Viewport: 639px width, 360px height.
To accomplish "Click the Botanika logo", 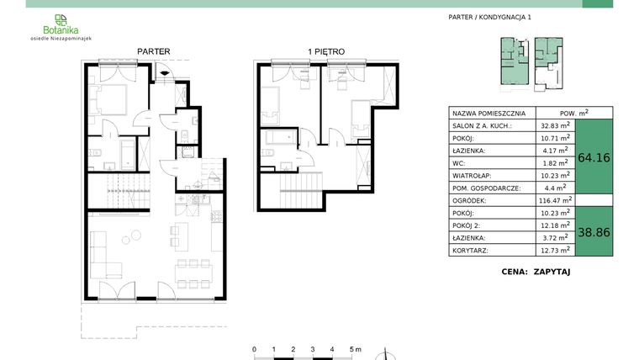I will pyautogui.click(x=60, y=25).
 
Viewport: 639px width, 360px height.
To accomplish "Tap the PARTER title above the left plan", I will pyautogui.click(x=153, y=51).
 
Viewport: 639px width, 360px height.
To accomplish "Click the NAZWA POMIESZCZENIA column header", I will pyautogui.click(x=488, y=112).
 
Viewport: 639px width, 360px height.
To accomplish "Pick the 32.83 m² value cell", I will pyautogui.click(x=555, y=124).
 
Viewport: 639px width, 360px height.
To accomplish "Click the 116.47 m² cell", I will pyautogui.click(x=555, y=200).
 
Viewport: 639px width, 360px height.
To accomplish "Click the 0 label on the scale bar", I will pyautogui.click(x=254, y=348).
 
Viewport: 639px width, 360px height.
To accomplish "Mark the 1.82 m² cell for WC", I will pyautogui.click(x=555, y=162).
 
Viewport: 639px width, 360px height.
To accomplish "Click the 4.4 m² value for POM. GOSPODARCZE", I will pyautogui.click(x=555, y=188).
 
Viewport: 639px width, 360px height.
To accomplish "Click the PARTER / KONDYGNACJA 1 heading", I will pyautogui.click(x=491, y=17).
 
